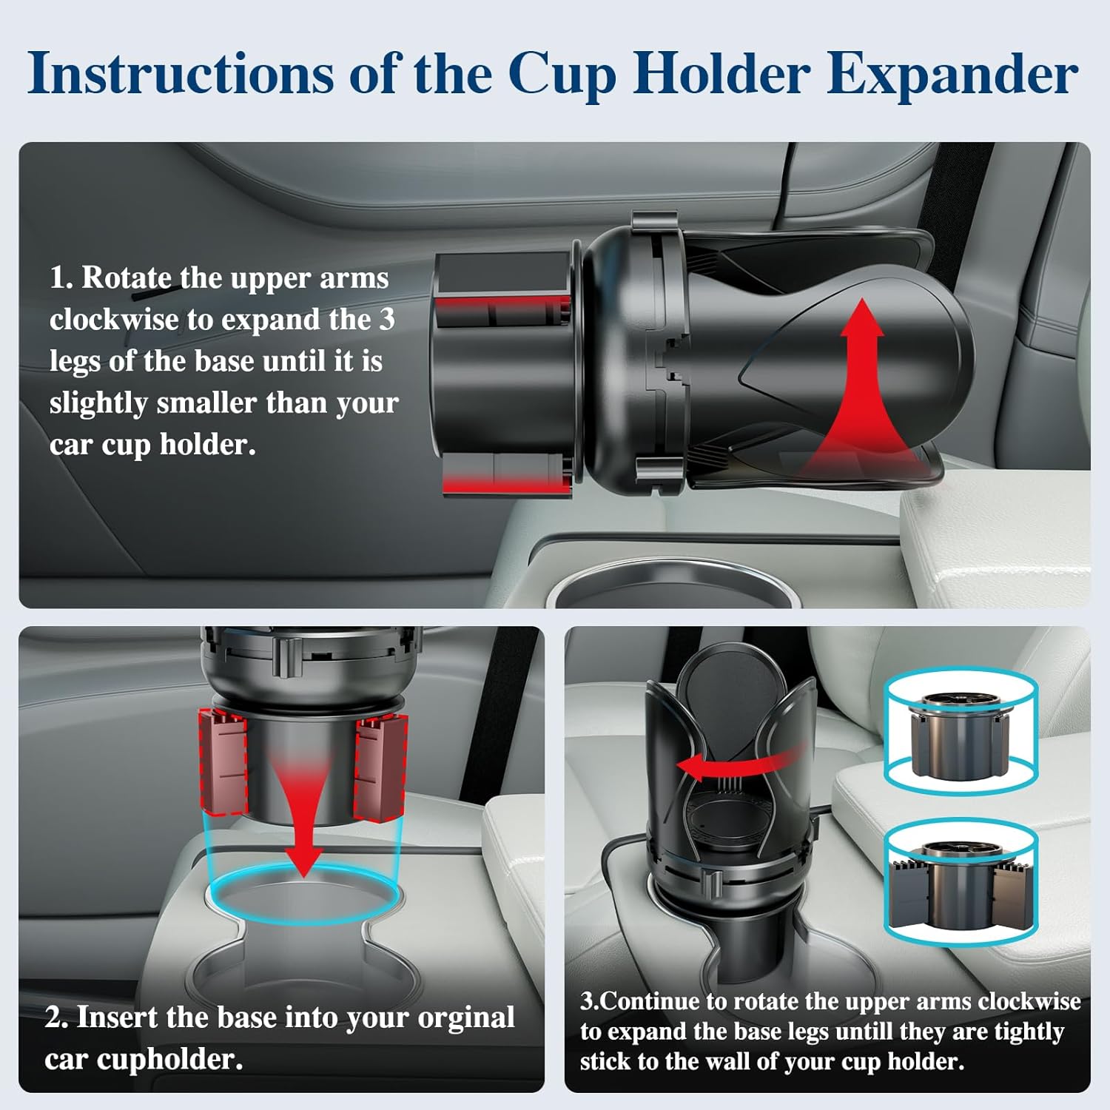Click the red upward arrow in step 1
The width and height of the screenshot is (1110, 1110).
pyautogui.click(x=858, y=385)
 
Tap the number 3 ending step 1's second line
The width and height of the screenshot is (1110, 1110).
pyautogui.click(x=387, y=320)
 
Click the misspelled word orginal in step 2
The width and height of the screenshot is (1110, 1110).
pyautogui.click(x=465, y=1017)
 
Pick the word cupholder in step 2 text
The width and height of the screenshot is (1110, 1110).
pyautogui.click(x=169, y=1059)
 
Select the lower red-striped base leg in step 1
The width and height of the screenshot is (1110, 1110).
pyautogui.click(x=507, y=474)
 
